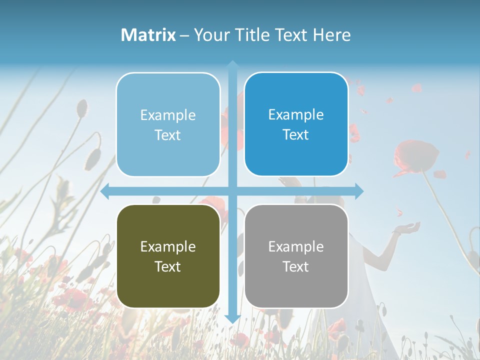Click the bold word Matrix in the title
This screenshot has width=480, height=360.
point(148,35)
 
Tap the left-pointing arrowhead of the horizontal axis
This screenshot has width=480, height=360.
point(105,191)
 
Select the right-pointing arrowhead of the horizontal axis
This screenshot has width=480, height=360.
point(358,191)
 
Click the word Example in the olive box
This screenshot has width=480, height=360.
point(168,246)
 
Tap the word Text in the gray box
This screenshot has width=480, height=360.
point(296,266)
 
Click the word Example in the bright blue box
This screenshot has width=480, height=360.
point(296,114)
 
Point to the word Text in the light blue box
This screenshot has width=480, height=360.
point(168,135)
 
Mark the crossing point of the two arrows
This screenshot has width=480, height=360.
point(232,191)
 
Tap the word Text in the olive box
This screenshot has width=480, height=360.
point(168,266)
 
